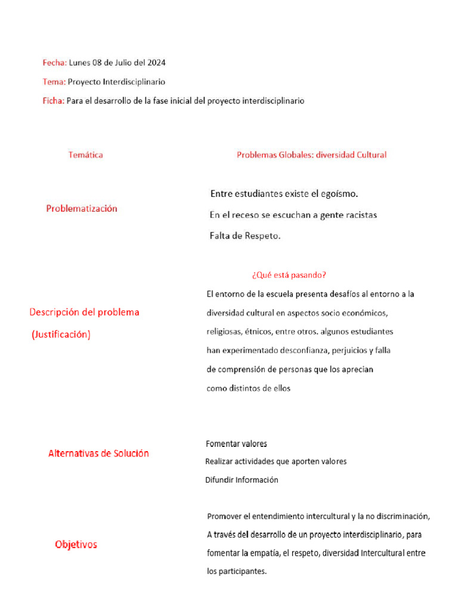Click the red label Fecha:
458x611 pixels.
coord(54,63)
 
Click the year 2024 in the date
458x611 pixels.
coord(156,63)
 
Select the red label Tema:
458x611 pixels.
coord(54,82)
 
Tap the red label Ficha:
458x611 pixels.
coord(53,101)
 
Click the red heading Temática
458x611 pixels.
coord(85,155)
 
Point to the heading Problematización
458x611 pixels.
coord(82,208)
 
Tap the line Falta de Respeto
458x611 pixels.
coord(245,236)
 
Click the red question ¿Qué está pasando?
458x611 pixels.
coord(289,275)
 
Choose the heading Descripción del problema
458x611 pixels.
coord(84,312)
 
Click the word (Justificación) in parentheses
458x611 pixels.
coord(61,335)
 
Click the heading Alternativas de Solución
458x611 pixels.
coord(98,453)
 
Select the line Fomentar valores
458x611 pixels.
coord(236,444)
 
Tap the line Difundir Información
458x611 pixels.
coord(242,480)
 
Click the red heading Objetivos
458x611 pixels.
coord(76,544)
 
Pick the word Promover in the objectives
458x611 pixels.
coord(224,516)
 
